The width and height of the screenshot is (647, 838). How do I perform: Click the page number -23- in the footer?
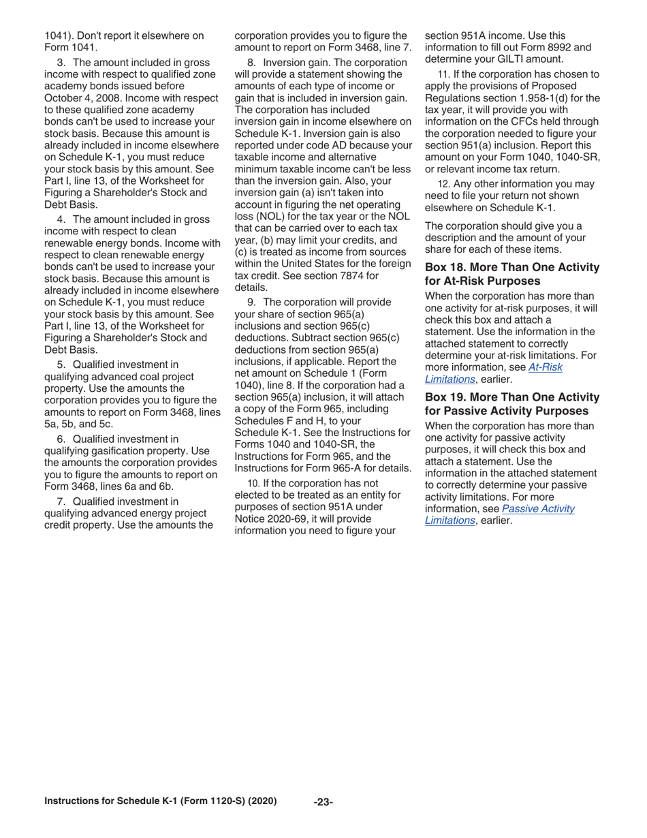tap(323, 802)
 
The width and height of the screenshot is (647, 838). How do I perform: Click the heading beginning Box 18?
tap(511, 274)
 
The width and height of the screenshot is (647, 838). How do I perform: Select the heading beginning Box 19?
tap(511, 404)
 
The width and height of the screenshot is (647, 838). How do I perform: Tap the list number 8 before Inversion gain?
tap(251, 63)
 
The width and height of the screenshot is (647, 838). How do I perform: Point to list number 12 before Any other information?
tap(443, 184)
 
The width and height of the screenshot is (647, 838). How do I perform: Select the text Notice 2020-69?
tap(268, 507)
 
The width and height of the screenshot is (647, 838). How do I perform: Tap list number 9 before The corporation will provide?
tap(251, 302)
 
